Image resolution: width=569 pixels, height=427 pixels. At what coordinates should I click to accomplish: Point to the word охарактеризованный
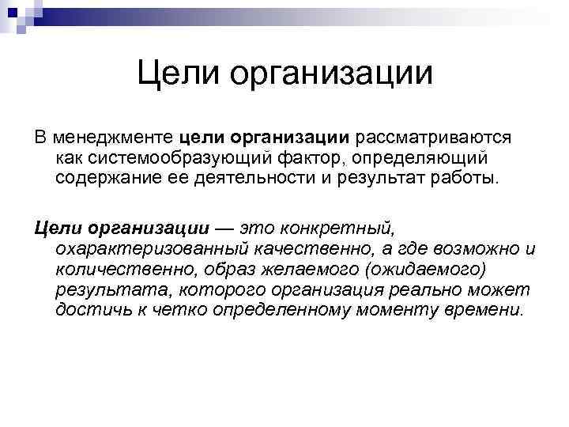[x=150, y=249]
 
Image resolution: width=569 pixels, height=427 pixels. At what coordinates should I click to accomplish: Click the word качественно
[x=316, y=249]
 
